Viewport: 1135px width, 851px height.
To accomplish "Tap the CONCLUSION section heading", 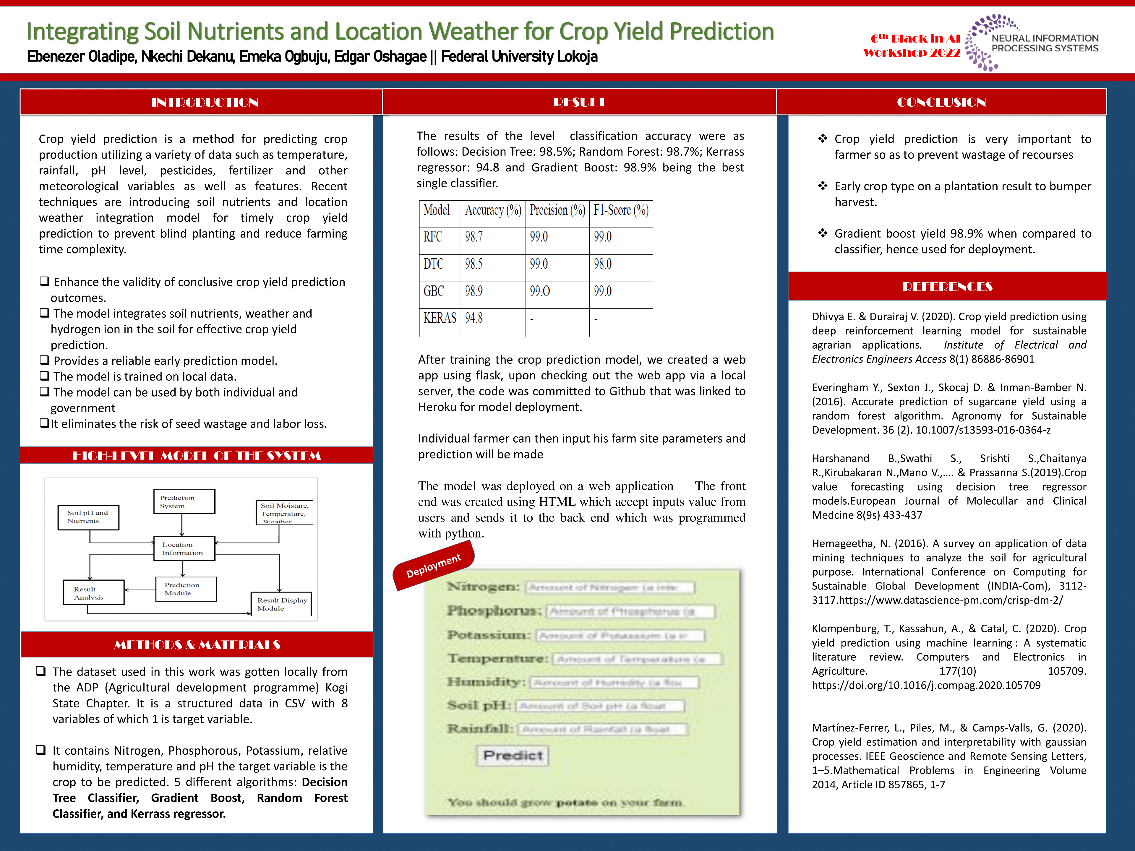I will [941, 102].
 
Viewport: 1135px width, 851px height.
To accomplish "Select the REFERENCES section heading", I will [947, 286].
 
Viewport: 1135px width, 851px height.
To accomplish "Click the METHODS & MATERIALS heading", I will [197, 645].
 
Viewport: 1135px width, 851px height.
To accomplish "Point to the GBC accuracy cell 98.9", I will [474, 291].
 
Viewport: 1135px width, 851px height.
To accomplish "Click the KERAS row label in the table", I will [439, 319].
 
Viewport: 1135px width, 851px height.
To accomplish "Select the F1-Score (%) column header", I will [621, 210].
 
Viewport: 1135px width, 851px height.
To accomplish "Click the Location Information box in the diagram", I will [184, 548].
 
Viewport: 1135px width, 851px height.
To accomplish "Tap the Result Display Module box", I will [281, 604].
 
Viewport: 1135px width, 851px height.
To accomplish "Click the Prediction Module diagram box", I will [186, 589].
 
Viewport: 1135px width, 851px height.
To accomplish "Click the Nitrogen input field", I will [610, 587].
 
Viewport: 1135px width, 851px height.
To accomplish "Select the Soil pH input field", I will [599, 706].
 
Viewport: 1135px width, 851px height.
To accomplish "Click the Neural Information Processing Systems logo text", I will [1045, 43].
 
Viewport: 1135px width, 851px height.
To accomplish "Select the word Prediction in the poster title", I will [721, 32].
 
